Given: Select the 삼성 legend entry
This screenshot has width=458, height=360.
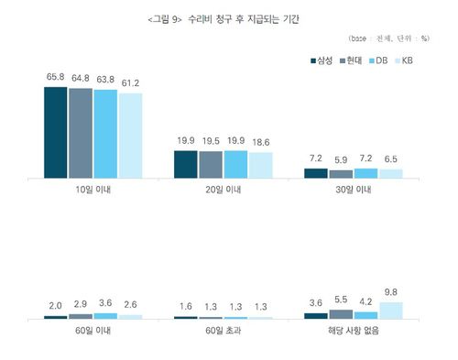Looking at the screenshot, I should coord(318,60).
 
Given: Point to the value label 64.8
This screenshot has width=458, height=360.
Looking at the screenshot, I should coord(81,78).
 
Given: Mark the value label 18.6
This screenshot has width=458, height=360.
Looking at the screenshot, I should coord(261,141).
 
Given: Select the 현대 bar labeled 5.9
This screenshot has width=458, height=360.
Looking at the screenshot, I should coord(341,173).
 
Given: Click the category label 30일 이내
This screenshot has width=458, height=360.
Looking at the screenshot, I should coord(353,191).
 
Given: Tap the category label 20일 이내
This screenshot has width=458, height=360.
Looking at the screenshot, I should coord(223,191).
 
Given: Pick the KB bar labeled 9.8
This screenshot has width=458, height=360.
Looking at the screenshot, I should coord(390,310).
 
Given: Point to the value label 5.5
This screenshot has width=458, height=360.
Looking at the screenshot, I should coord(341,299).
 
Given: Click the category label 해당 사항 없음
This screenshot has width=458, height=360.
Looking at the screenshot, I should coord(353,331).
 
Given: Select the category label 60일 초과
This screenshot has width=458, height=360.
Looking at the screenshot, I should coord(223,331).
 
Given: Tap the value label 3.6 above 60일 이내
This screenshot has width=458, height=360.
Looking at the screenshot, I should coord(106,303).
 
